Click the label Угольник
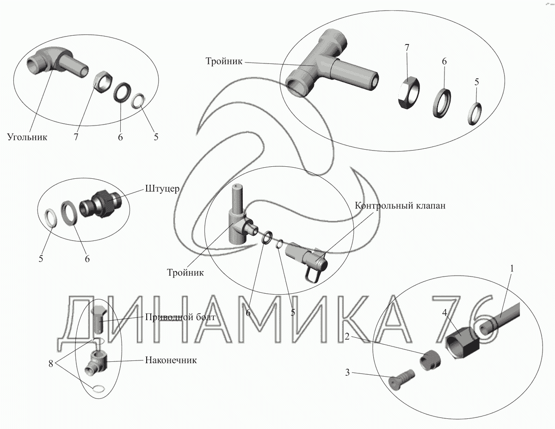[27, 137]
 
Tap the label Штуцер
[162, 189]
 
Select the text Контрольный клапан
[400, 206]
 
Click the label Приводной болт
[180, 317]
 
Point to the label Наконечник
[171, 360]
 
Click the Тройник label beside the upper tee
[224, 61]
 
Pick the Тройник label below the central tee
[185, 273]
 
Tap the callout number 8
[51, 364]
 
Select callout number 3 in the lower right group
[347, 372]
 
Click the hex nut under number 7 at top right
[408, 92]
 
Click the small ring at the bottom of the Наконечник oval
[99, 389]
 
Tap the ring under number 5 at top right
[475, 114]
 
